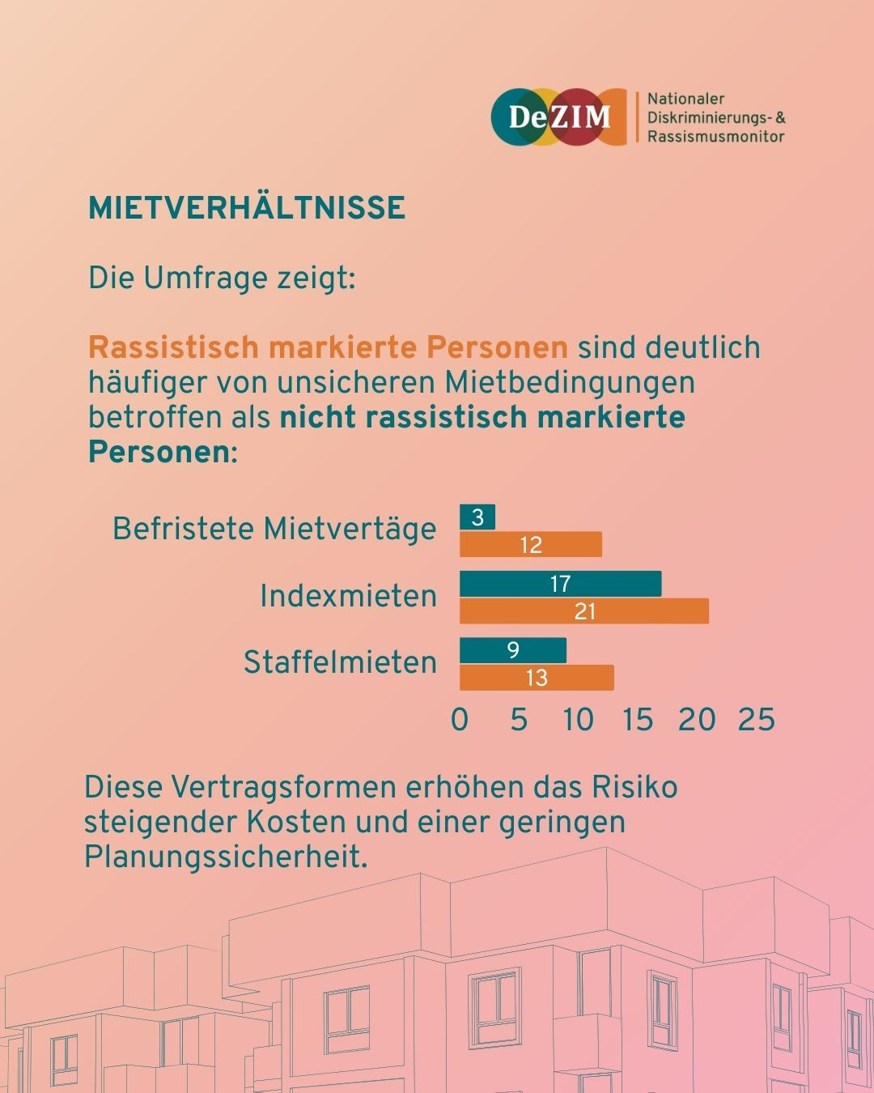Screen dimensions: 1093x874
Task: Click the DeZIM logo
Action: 558,117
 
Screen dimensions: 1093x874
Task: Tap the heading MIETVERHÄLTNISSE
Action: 247,208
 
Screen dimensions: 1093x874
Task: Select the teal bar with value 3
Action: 477,517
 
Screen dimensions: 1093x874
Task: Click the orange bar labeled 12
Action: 531,545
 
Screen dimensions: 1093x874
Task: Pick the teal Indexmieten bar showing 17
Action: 560,584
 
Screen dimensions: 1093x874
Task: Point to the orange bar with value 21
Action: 584,611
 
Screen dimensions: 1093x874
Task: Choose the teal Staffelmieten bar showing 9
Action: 513,650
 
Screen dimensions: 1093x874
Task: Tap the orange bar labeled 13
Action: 537,678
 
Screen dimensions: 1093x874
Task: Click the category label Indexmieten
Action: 348,597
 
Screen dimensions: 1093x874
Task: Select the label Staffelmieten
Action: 340,663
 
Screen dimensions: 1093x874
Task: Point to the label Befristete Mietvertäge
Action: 274,529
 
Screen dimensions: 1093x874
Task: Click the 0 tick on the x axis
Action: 460,720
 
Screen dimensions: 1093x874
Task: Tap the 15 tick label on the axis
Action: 638,720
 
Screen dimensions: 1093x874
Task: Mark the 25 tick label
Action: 756,720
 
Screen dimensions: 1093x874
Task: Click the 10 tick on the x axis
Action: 578,720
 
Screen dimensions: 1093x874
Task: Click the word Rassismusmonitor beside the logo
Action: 715,137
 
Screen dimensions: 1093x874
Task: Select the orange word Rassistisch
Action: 173,347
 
